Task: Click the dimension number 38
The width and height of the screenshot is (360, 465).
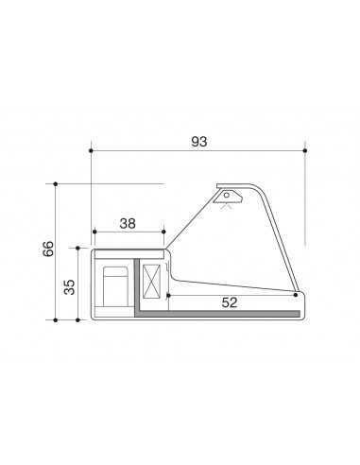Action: coord(129,224)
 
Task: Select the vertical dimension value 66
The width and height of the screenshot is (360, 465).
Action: coord(48,250)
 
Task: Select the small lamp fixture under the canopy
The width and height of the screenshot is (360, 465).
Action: coord(228,198)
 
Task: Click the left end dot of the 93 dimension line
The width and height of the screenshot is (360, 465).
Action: coord(91,150)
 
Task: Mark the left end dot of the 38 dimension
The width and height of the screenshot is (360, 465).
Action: coord(94,232)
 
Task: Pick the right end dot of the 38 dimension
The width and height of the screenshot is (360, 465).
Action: coord(164,232)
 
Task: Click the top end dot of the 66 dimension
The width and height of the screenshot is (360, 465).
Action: coord(56,183)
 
